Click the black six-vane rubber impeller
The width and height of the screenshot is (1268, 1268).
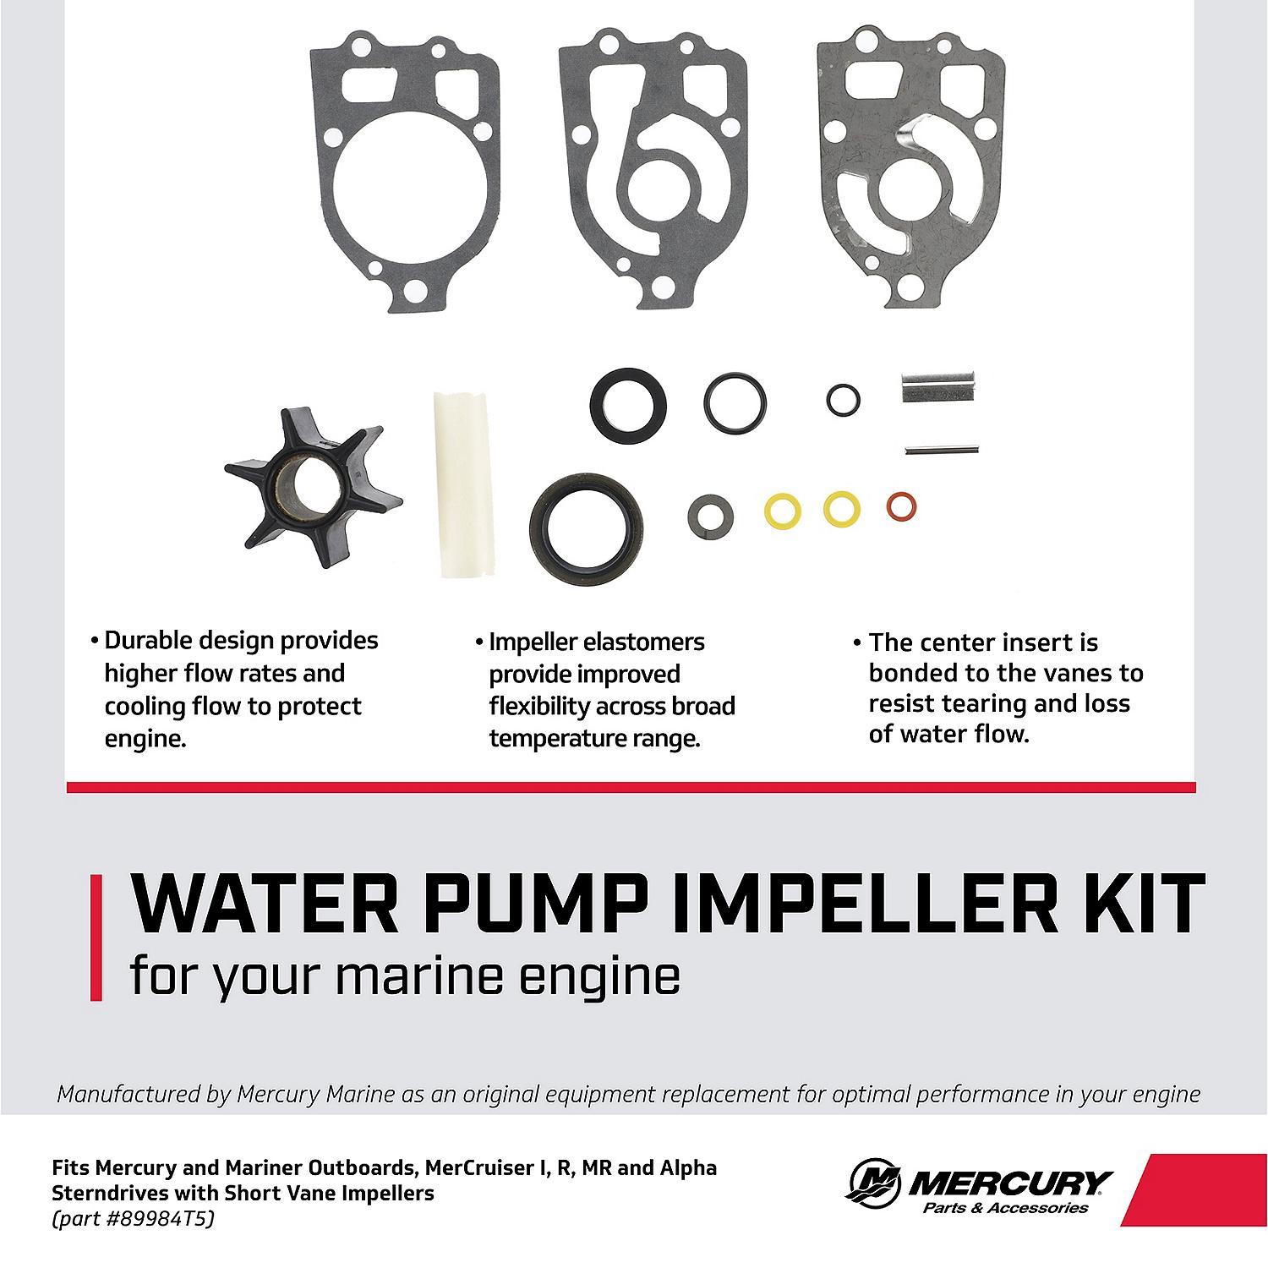(x=314, y=490)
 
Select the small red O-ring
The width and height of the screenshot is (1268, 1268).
(x=902, y=507)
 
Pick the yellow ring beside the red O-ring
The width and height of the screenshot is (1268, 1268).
(x=842, y=508)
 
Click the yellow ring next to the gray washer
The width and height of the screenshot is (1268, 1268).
(x=782, y=511)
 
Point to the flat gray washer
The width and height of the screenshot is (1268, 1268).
(x=711, y=515)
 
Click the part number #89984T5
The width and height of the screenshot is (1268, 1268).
(x=139, y=1219)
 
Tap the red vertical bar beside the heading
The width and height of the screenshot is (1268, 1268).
(x=96, y=937)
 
